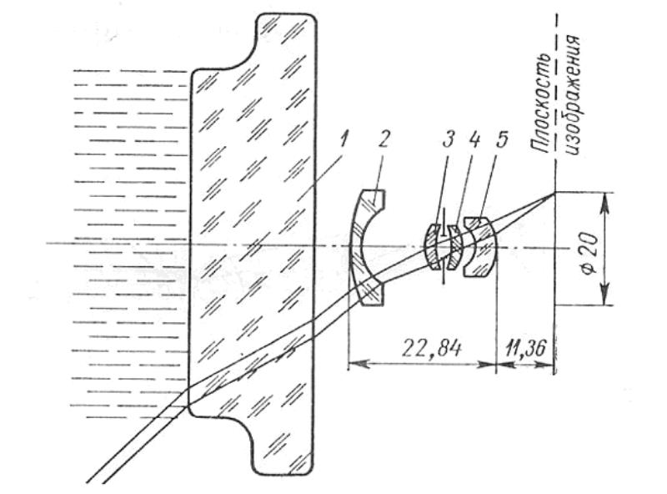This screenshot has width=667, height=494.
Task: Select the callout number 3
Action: tap(449, 139)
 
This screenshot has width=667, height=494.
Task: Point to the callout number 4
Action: tap(473, 139)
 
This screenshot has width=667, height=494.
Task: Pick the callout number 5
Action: tap(501, 139)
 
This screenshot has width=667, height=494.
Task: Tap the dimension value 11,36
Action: tap(525, 349)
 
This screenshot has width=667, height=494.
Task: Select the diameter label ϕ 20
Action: tap(590, 254)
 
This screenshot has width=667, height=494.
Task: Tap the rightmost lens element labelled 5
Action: tap(481, 247)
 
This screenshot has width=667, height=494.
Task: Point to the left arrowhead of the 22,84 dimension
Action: tap(359, 364)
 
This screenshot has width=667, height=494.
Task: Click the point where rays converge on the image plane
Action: tap(554, 193)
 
